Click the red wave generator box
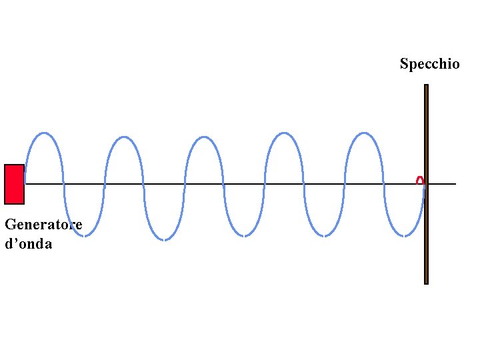[14, 183]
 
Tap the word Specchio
[429, 64]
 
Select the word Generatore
[43, 225]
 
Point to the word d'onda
[28, 244]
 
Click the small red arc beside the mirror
[419, 180]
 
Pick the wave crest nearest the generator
[44, 133]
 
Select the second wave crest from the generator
[124, 137]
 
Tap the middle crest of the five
[204, 137]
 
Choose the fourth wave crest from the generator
[284, 133]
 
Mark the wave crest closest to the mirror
[364, 133]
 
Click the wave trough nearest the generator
[84, 235]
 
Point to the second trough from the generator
[164, 239]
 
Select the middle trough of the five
[244, 236]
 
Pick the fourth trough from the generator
[324, 236]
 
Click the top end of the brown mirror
[426, 86]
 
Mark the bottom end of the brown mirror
[426, 282]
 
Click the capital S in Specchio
[404, 64]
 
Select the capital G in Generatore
[9, 225]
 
